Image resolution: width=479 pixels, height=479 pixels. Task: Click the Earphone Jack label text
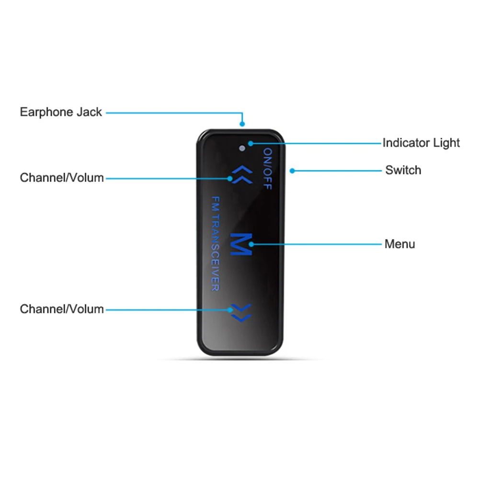[61, 112]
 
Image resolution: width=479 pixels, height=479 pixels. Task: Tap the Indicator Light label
[421, 143]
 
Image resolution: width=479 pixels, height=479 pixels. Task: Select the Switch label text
[403, 170]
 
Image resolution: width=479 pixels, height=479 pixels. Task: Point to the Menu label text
[399, 244]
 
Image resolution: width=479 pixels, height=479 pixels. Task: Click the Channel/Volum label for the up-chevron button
[62, 178]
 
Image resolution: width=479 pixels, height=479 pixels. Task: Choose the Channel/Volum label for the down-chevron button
[62, 309]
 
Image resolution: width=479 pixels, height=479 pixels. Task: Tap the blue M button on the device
[241, 244]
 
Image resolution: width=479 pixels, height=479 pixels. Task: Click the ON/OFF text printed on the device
[267, 169]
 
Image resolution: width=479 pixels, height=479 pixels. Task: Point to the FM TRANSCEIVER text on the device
[215, 243]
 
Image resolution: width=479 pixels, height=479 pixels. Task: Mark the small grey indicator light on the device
[243, 148]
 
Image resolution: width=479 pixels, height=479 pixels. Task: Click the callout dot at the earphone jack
[243, 124]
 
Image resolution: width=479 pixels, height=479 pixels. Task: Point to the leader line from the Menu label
[316, 244]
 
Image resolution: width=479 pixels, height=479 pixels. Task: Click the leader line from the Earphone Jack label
[172, 113]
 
